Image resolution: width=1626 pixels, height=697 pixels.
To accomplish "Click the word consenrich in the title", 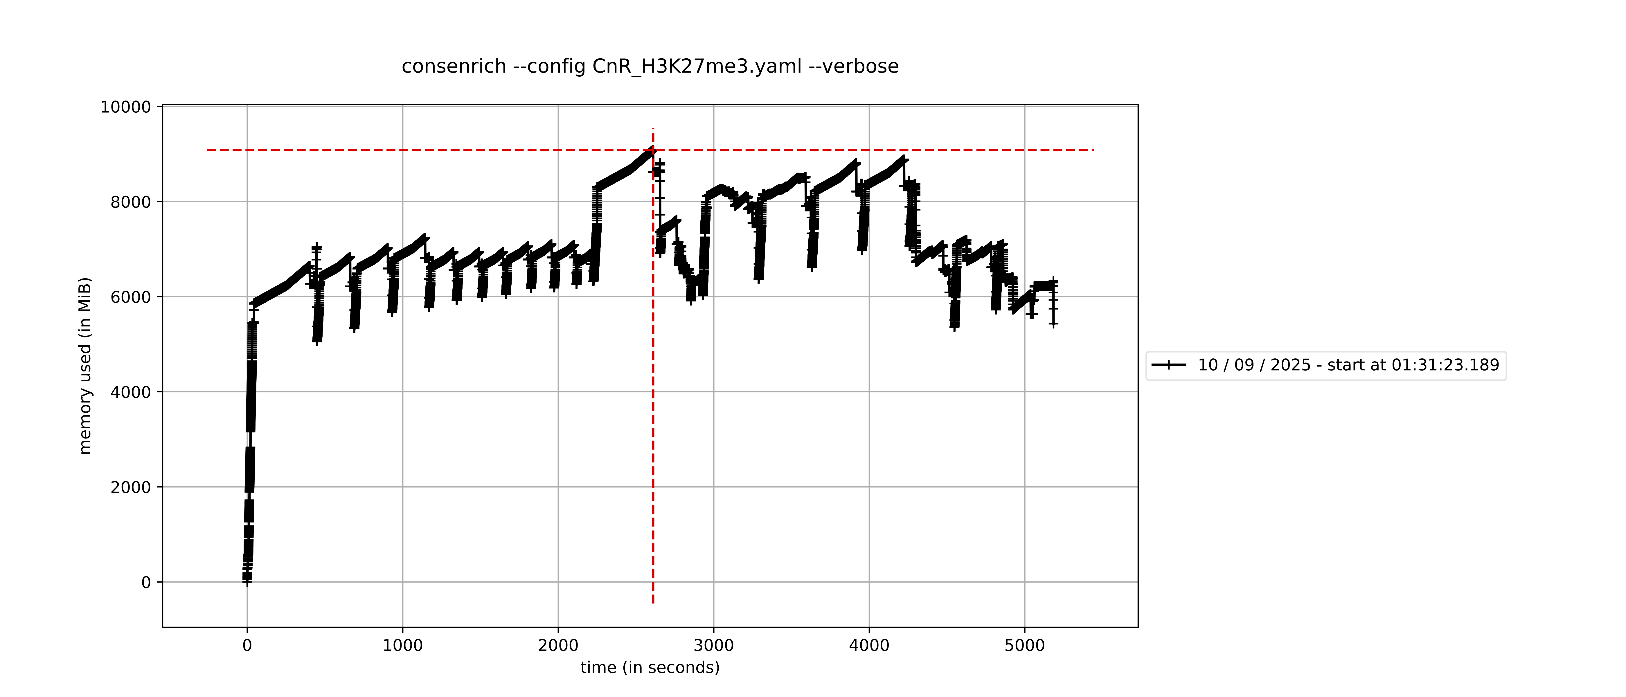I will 453,66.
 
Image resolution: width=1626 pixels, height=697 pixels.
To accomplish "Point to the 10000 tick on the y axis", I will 126,107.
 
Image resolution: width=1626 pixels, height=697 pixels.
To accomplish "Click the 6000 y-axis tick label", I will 131,297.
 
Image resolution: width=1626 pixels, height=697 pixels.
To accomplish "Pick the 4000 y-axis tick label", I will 131,392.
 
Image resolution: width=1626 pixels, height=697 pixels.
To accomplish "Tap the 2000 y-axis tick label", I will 131,487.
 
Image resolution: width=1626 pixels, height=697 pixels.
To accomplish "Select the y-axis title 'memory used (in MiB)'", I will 85,366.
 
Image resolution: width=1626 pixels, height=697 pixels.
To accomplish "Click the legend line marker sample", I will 1168,365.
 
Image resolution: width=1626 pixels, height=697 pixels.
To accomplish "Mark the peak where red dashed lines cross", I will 653,150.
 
